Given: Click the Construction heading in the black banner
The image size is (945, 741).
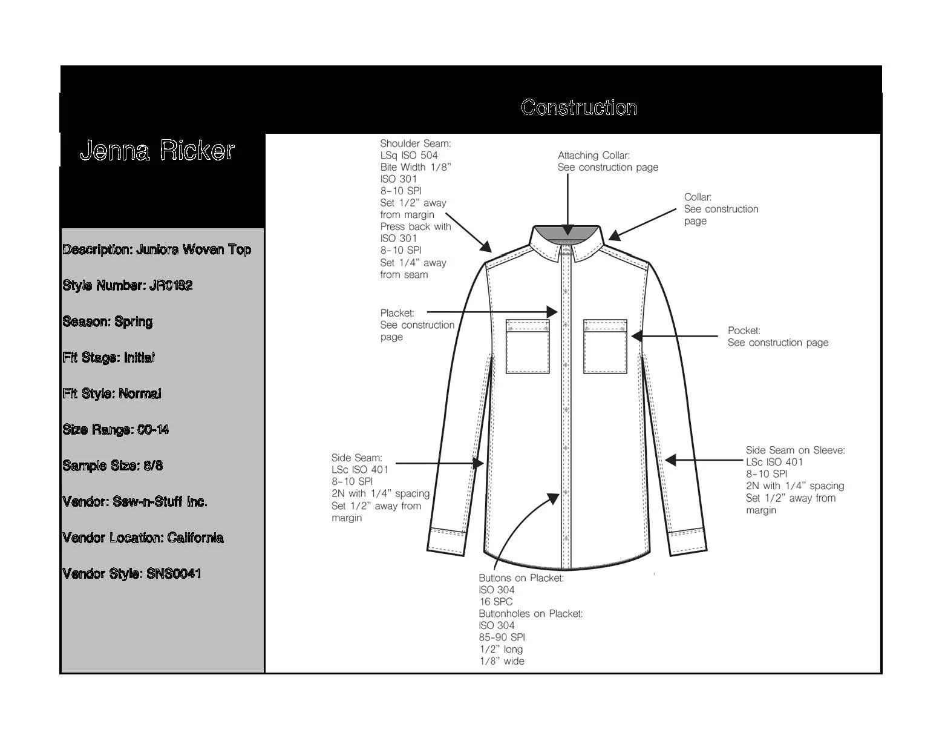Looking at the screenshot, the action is (578, 108).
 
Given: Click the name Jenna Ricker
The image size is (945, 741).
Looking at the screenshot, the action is (157, 151).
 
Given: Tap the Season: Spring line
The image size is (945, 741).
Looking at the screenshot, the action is (108, 321).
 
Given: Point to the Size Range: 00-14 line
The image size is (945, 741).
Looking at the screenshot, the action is (116, 430).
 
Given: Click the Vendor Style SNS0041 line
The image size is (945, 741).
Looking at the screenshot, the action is (132, 574).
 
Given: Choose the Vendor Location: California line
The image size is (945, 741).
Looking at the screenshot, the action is (143, 538).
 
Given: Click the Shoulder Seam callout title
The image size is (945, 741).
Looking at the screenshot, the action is (416, 143).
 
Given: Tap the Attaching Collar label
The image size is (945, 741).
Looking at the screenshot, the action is (593, 156).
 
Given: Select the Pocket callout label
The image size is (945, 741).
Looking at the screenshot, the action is (744, 331).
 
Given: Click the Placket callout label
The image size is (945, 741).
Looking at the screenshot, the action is (397, 313).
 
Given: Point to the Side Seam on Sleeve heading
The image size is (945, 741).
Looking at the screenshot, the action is (795, 450).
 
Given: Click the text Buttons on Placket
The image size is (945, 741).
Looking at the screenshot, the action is (521, 578).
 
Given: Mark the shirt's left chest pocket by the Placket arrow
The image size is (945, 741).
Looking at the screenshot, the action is (528, 346).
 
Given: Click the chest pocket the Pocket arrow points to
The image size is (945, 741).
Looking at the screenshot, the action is (605, 346).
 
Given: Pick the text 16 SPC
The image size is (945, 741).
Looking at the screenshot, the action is (495, 602).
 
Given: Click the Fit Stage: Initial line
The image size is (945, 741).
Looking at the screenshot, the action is (109, 358).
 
